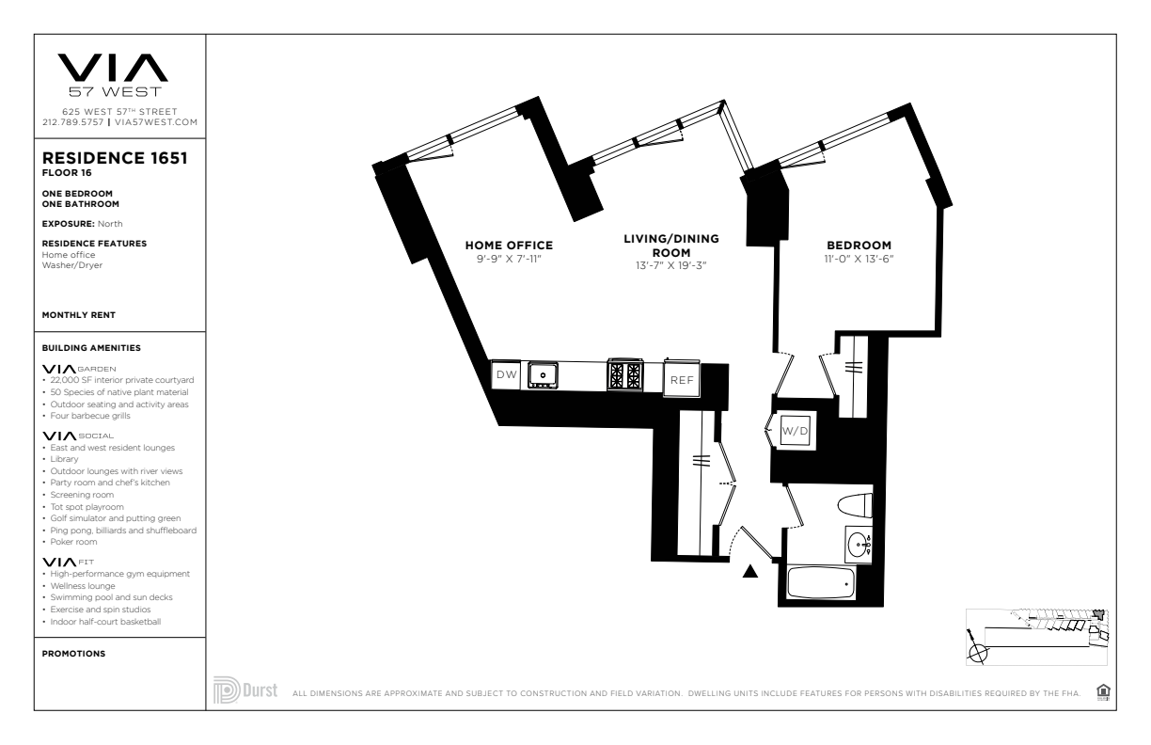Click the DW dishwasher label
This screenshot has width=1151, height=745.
click(506, 374)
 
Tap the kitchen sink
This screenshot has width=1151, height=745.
click(543, 374)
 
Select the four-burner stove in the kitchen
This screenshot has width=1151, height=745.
click(625, 373)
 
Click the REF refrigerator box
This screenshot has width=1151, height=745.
click(682, 379)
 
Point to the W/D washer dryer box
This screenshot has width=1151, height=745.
click(795, 430)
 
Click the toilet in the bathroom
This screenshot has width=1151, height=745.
click(855, 505)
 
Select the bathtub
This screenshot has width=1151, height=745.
click(821, 582)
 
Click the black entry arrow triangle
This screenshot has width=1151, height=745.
click(750, 571)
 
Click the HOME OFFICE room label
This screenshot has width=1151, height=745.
click(510, 246)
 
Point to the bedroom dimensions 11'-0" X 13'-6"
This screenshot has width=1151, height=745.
click(859, 259)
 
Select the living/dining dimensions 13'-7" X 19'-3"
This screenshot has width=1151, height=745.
click(671, 265)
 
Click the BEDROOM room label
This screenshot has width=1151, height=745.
click(859, 246)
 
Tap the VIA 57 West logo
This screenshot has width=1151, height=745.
click(113, 75)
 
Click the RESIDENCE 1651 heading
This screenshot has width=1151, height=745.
click(115, 158)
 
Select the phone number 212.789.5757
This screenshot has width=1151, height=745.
click(73, 122)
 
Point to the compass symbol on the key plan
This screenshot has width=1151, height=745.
click(977, 653)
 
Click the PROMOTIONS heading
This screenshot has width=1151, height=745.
click(73, 654)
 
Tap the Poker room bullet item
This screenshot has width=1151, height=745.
click(73, 542)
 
